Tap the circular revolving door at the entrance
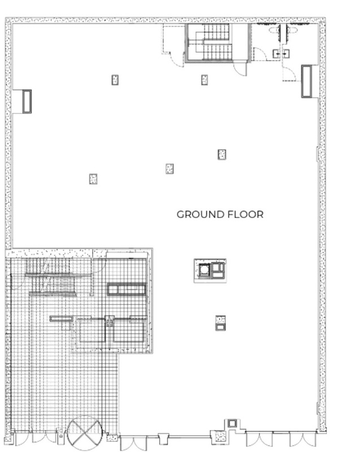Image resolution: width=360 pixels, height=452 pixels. [84, 433]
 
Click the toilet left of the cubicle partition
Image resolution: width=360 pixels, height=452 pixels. [274, 30]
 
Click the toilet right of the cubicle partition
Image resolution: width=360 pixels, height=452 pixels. [291, 30]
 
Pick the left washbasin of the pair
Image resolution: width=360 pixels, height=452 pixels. [276, 53]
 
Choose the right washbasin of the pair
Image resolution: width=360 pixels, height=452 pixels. [286, 53]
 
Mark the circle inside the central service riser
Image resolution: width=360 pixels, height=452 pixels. [205, 270]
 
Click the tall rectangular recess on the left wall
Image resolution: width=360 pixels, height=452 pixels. [27, 101]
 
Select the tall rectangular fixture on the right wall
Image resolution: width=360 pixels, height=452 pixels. [306, 81]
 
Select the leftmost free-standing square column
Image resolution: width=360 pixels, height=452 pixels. [93, 179]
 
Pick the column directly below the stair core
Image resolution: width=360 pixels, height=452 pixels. [205, 80]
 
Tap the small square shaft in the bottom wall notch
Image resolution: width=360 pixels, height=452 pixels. [232, 423]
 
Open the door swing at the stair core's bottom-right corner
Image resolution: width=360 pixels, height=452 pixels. [240, 69]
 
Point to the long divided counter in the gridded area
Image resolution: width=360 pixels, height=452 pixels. [126, 289]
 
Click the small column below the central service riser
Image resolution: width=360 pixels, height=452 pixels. [220, 323]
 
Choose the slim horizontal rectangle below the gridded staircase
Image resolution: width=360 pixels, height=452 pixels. [62, 319]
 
